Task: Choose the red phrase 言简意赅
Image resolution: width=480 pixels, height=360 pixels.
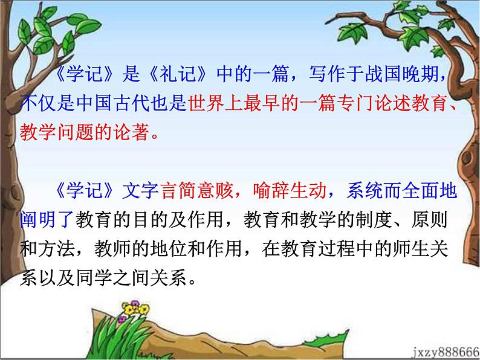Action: click(x=199, y=192)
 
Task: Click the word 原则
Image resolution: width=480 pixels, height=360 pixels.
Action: click(x=433, y=220)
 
